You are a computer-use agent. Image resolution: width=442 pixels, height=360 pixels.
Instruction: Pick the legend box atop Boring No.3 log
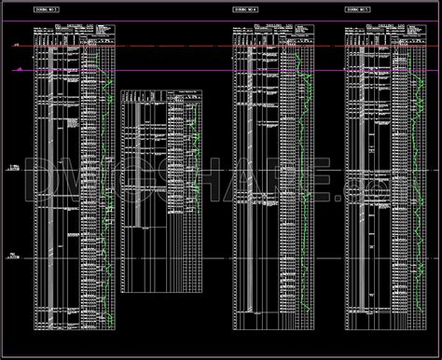[103, 34]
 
